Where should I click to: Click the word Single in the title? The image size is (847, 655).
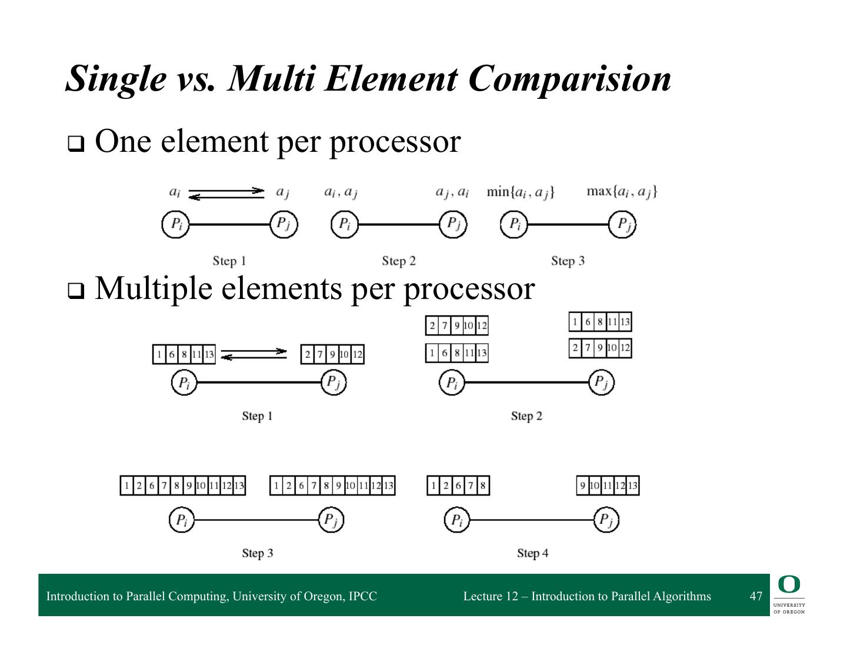tap(115, 78)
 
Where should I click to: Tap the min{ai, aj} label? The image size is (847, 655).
tap(520, 192)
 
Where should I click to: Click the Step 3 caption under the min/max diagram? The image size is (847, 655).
tap(568, 261)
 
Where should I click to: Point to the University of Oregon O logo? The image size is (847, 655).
tap(789, 585)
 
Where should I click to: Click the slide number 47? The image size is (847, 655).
tap(756, 596)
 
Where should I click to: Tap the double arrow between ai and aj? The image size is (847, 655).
tap(226, 194)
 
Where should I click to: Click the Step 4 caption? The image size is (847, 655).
tap(532, 553)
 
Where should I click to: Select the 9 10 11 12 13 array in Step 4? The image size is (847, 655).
tap(608, 486)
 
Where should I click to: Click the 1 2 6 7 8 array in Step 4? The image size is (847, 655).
tap(458, 486)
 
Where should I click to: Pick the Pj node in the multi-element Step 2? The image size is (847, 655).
tap(601, 383)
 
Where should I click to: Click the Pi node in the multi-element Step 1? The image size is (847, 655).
tap(184, 383)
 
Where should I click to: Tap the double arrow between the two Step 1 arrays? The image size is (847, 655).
tap(254, 354)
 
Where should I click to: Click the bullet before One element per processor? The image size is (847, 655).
tap(75, 144)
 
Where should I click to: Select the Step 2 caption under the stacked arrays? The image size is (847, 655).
tap(526, 416)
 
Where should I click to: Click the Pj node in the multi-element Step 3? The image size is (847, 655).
tap(331, 520)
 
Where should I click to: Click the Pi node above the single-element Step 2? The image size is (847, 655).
tap(345, 224)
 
